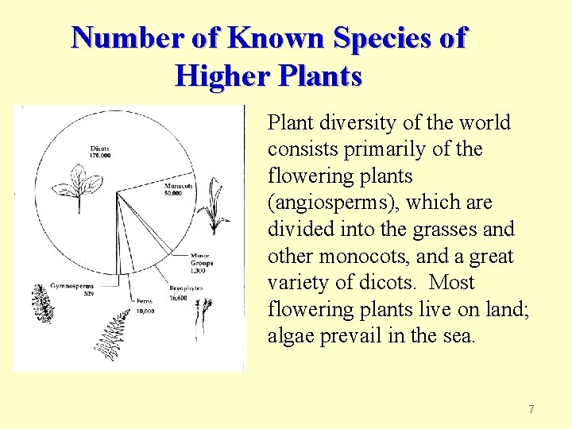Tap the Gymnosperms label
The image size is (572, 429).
(x=71, y=286)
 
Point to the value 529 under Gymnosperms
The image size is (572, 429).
(x=90, y=293)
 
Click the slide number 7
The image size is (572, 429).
(x=531, y=410)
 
